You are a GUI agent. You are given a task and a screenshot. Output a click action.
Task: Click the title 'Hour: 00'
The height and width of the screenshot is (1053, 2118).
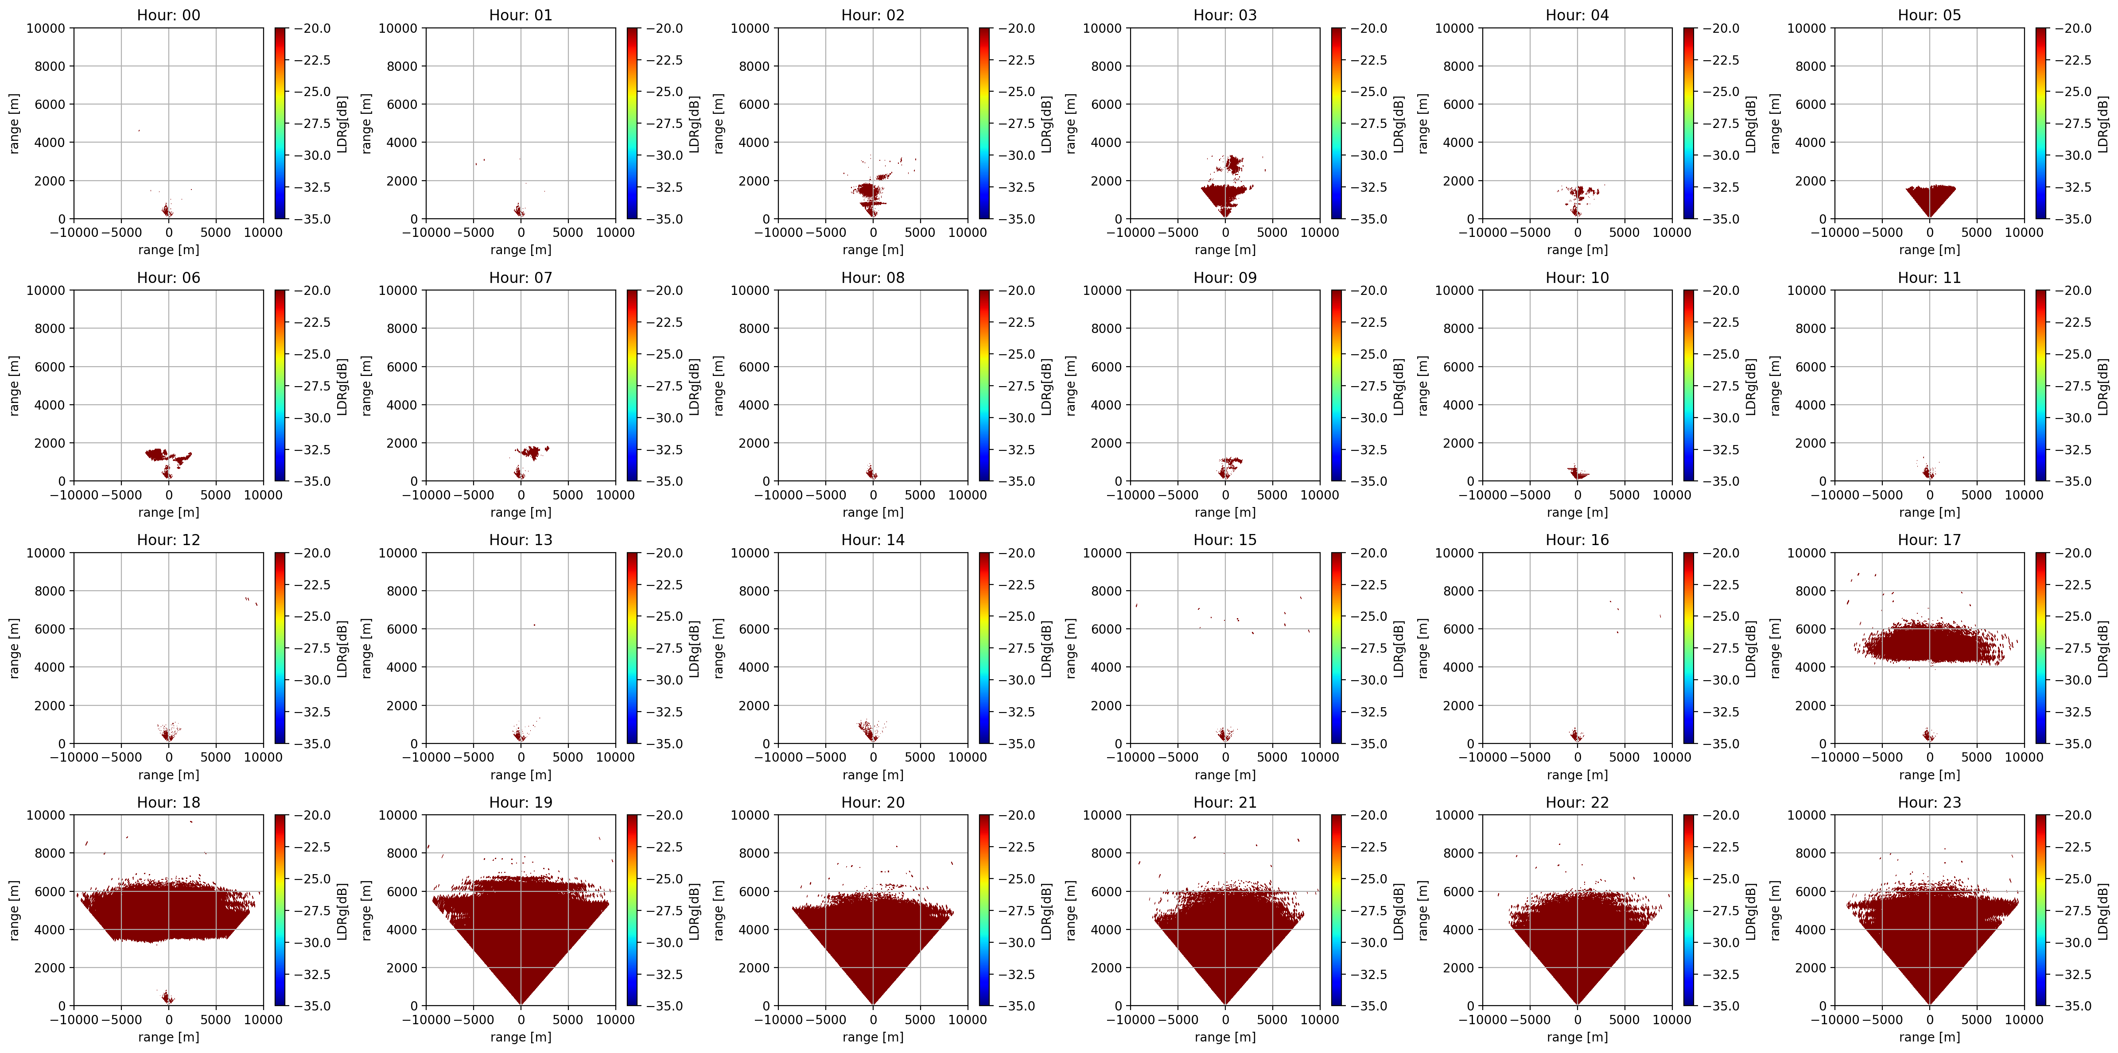[x=168, y=15]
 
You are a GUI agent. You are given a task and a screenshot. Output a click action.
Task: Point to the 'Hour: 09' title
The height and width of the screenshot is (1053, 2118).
[x=1225, y=278]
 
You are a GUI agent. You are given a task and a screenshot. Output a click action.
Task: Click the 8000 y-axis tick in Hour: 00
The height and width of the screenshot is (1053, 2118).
[x=49, y=66]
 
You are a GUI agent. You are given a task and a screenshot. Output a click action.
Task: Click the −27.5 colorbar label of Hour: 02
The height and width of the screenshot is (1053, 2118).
[x=1017, y=123]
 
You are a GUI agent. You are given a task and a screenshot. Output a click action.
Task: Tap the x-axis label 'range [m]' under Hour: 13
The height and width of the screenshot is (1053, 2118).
[x=521, y=775]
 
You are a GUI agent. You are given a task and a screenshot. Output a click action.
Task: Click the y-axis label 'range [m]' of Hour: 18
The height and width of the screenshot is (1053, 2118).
[x=14, y=910]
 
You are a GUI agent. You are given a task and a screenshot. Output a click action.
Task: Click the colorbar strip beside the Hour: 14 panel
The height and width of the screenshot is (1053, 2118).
[x=985, y=648]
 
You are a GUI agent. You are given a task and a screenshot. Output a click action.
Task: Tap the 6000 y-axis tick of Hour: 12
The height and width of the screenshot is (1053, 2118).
[x=49, y=629]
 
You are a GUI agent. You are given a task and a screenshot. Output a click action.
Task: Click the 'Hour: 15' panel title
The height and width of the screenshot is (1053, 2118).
[x=1225, y=540]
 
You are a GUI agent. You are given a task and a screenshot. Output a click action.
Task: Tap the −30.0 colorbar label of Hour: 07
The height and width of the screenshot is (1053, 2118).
[x=665, y=418]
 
